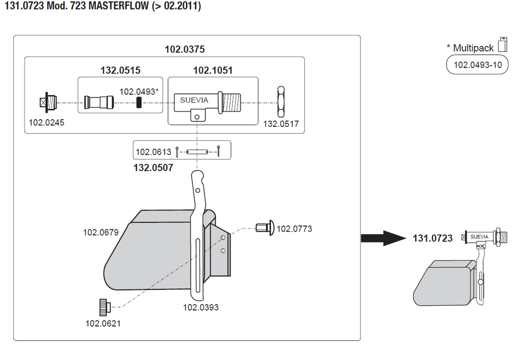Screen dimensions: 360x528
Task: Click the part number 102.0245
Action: tap(43, 123)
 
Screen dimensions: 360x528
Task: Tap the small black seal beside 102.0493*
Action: tap(138, 103)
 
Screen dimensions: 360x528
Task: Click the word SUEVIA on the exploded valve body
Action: tap(194, 100)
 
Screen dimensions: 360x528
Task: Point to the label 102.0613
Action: tap(153, 152)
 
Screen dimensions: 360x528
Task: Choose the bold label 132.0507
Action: tap(153, 168)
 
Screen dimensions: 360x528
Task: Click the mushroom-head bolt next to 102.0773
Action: tap(265, 228)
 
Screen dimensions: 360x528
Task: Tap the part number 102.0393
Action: tap(201, 307)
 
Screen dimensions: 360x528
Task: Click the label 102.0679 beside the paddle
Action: tap(101, 232)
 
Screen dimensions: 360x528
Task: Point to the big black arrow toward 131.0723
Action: tap(384, 238)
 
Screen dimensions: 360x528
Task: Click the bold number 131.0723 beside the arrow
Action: tap(433, 238)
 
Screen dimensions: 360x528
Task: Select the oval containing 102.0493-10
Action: tap(477, 66)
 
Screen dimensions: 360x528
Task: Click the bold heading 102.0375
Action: tap(185, 50)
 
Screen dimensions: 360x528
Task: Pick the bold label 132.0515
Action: tap(120, 70)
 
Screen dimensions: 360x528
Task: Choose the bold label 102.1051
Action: tap(213, 70)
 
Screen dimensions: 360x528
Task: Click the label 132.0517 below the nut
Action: tap(281, 124)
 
